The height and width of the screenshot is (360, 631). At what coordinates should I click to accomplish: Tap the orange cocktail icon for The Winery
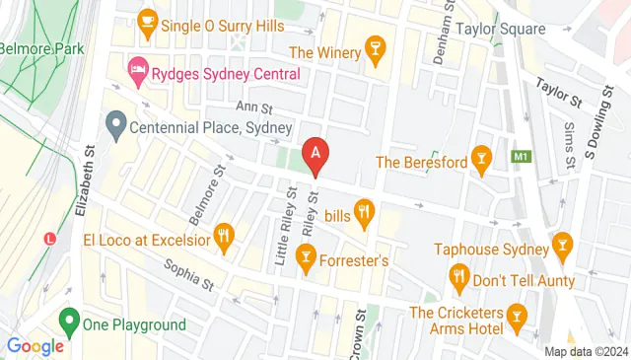(x=375, y=50)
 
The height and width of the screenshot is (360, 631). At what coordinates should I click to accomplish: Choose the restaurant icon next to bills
(x=365, y=210)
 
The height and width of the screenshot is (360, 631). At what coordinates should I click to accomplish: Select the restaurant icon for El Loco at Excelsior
(x=226, y=237)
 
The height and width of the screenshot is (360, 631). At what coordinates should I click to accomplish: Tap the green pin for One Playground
(x=69, y=321)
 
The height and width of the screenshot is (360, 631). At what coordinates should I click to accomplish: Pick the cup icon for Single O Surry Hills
(x=147, y=20)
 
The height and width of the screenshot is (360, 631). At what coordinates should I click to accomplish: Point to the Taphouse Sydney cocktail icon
(x=562, y=243)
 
